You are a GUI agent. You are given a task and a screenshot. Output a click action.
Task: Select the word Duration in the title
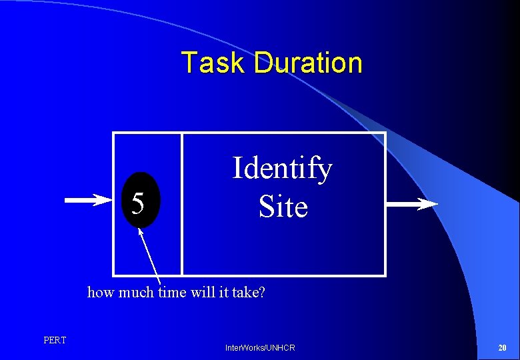pos(308,63)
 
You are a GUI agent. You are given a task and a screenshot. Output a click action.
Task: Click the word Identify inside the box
pos(281,168)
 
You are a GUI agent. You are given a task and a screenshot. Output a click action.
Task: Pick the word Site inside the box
pos(283,207)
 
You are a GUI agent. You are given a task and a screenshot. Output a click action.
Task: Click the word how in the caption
pos(100,292)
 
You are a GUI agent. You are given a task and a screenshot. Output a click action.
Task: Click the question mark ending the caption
pos(262,292)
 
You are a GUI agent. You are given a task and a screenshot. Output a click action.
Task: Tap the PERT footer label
pos(55,341)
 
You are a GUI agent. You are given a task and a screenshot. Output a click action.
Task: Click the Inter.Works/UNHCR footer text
pos(260,348)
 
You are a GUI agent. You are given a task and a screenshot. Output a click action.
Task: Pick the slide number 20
pos(502,348)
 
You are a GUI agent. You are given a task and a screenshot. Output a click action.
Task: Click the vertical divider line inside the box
pos(181,204)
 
